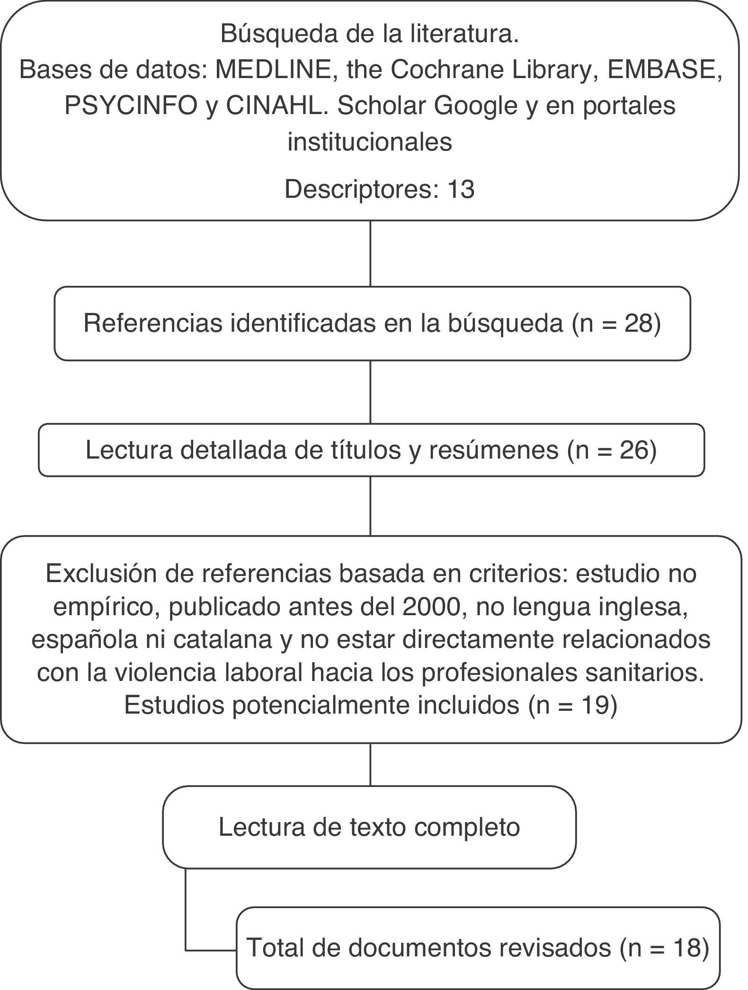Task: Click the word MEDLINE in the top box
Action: (x=273, y=70)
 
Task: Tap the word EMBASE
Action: (x=664, y=70)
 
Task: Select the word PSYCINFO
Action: (x=130, y=106)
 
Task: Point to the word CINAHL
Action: (x=276, y=106)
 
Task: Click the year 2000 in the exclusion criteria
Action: (x=432, y=607)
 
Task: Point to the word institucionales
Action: (x=370, y=141)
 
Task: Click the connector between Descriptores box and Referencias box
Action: (x=370, y=253)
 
